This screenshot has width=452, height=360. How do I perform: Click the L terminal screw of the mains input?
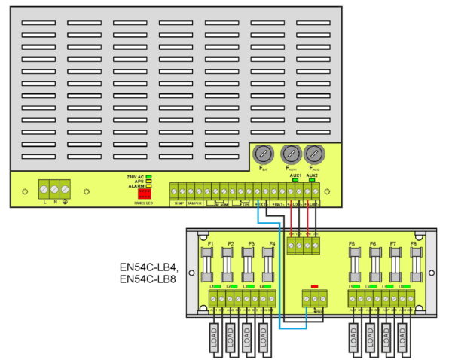pyautogui.click(x=44, y=188)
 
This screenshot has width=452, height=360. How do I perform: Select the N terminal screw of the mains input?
pyautogui.click(x=56, y=188)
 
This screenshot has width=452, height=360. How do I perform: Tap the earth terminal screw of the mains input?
pyautogui.click(x=67, y=188)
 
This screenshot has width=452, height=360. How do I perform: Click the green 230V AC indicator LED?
pyautogui.click(x=150, y=176)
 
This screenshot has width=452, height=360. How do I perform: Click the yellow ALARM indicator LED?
pyautogui.click(x=150, y=187)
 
